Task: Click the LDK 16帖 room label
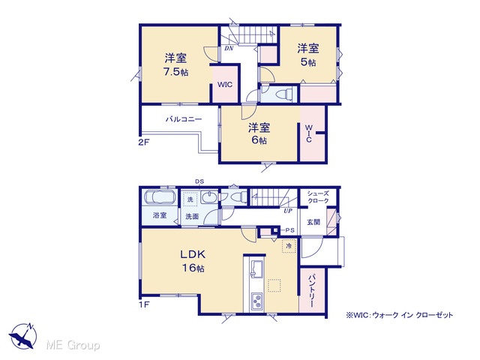tap(193, 261)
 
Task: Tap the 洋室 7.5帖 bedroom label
tap(175, 64)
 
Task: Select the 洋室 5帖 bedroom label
tap(308, 55)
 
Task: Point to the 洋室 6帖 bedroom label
tap(259, 133)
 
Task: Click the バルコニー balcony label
tap(184, 119)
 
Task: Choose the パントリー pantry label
tap(311, 291)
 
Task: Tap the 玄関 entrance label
tap(313, 222)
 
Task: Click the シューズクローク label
tap(318, 196)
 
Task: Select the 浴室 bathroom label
tap(160, 215)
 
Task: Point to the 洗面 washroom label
tap(192, 217)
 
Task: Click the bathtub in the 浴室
tap(159, 197)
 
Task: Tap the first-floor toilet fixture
tap(235, 197)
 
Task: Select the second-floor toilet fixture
tap(283, 94)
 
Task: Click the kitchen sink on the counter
tap(256, 268)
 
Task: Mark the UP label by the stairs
tap(288, 211)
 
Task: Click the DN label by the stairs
tap(229, 48)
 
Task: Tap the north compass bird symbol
tap(22, 336)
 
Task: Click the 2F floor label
tap(144, 142)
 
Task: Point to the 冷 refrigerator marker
tap(289, 245)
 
